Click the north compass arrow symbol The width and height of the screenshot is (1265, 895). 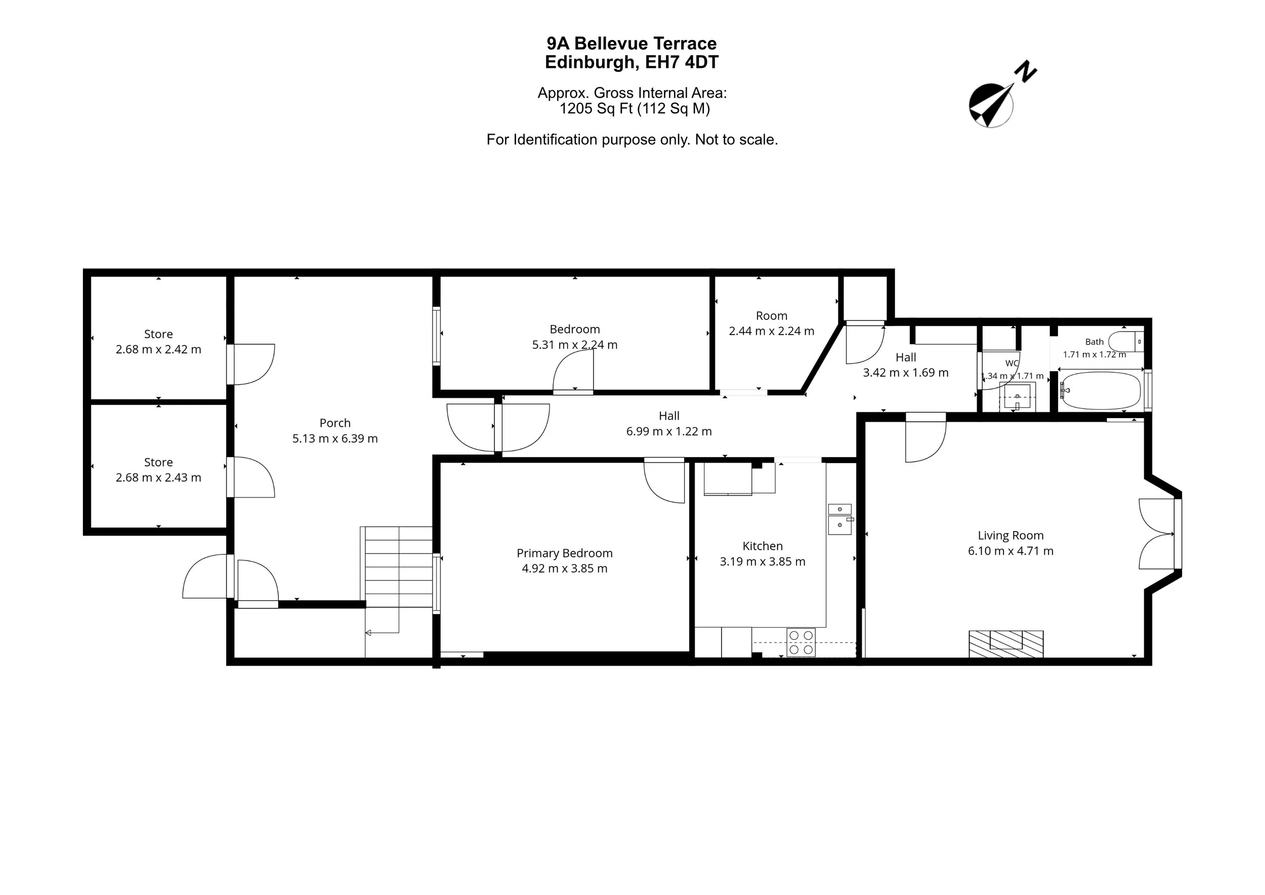pyautogui.click(x=991, y=105)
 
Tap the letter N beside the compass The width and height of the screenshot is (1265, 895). pyautogui.click(x=1025, y=72)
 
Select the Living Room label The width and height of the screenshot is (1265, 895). pyautogui.click(x=1010, y=535)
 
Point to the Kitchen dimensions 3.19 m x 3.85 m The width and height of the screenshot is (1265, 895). pyautogui.click(x=763, y=561)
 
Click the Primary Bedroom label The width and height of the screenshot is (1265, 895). pyautogui.click(x=565, y=553)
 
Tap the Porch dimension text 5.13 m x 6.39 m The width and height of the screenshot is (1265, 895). pyautogui.click(x=335, y=439)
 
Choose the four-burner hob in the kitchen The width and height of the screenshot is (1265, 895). pyautogui.click(x=801, y=642)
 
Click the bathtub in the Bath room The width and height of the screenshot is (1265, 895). pyautogui.click(x=1101, y=391)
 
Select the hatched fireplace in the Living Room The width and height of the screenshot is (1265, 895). pyautogui.click(x=1006, y=644)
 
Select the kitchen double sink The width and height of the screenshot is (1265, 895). pyautogui.click(x=839, y=519)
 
